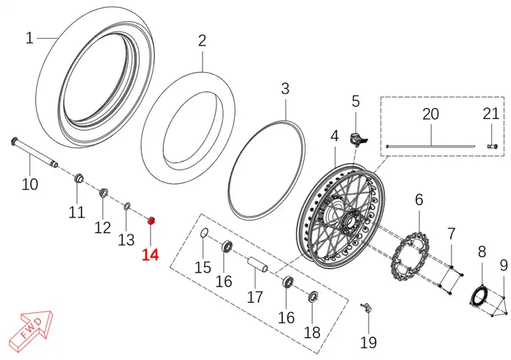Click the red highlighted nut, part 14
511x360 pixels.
click(x=151, y=220)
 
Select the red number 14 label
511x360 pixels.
click(x=150, y=255)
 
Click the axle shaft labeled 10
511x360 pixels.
click(x=35, y=152)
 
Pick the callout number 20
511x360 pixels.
click(x=430, y=115)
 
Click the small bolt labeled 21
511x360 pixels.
click(x=493, y=146)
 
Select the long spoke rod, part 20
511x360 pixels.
click(x=431, y=146)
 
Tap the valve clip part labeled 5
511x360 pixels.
click(x=358, y=140)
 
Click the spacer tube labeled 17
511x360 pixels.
click(x=258, y=264)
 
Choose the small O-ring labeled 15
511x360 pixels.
click(x=204, y=233)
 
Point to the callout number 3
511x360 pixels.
click(x=285, y=88)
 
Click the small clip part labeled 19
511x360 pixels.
click(x=366, y=308)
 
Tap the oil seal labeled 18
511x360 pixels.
click(x=314, y=296)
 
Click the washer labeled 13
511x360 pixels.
click(x=127, y=206)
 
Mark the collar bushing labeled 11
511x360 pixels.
click(x=79, y=179)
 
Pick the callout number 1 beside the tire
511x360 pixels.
click(x=29, y=38)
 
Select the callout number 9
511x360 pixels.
click(x=504, y=265)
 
